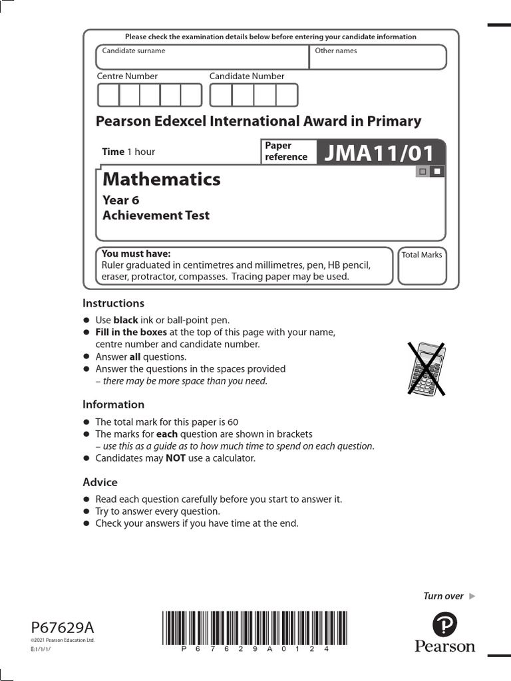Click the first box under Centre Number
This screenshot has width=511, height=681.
coord(108,95)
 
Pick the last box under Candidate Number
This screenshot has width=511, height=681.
coord(287,95)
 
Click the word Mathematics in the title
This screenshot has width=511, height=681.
coord(162,179)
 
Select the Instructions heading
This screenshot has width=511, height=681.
coord(113,303)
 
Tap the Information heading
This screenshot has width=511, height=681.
coord(113,404)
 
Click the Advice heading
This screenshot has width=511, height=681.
coord(100,482)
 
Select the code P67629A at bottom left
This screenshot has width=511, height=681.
coord(63,628)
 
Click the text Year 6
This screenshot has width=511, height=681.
coord(120,200)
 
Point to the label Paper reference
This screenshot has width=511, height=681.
coord(286,152)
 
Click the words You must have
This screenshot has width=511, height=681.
coord(136,253)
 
